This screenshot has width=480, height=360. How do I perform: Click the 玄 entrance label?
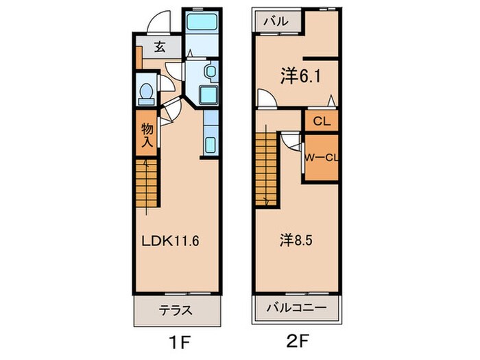click(x=159, y=47)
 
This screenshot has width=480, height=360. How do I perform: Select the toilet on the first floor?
click(x=146, y=93)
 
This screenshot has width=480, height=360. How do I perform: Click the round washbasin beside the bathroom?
click(x=210, y=72)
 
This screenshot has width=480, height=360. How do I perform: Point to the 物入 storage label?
click(x=147, y=135)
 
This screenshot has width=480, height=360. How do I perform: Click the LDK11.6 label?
click(x=170, y=241)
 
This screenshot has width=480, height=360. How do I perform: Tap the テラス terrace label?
click(x=177, y=309)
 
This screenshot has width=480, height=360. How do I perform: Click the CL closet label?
click(x=321, y=122)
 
